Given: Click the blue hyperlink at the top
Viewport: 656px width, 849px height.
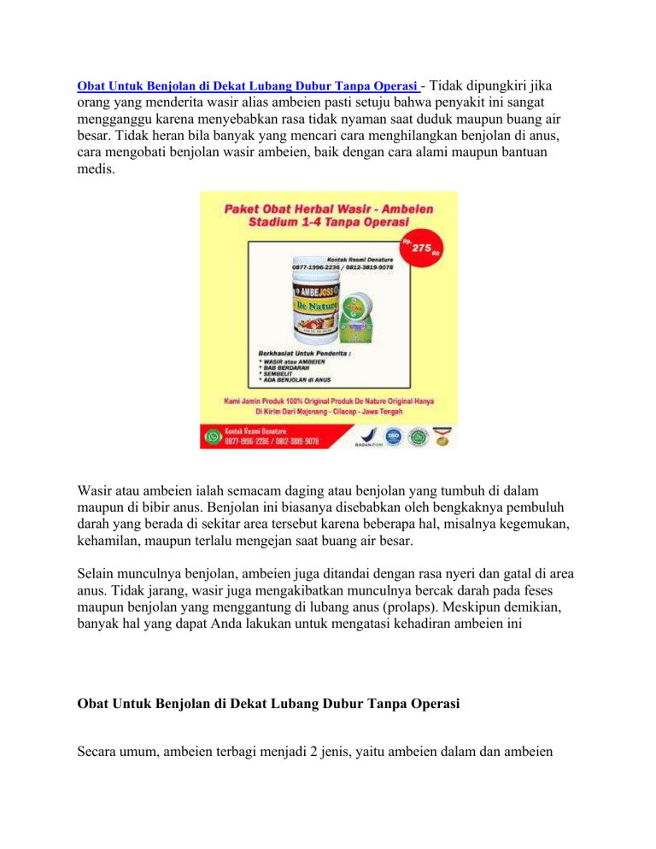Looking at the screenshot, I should (x=249, y=85).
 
